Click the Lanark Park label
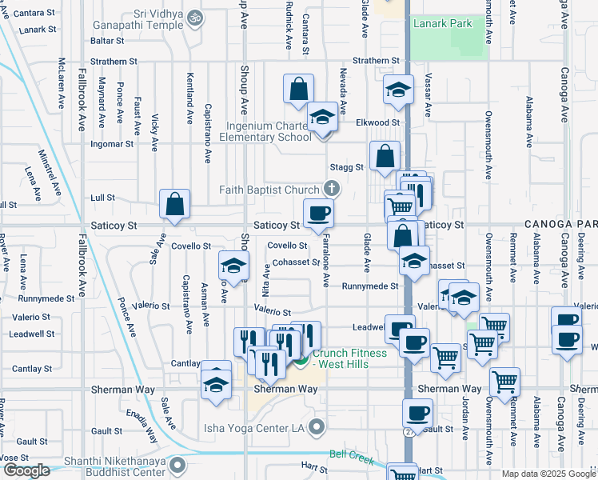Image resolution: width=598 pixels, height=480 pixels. coord(442,23)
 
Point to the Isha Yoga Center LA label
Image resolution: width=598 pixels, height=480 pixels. coord(255,427)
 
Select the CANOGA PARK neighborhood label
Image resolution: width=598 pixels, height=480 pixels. coord(560,226)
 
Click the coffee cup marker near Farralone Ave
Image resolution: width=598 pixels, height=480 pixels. coord(318,213)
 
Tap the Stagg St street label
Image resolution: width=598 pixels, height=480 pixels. coord(347,167)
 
